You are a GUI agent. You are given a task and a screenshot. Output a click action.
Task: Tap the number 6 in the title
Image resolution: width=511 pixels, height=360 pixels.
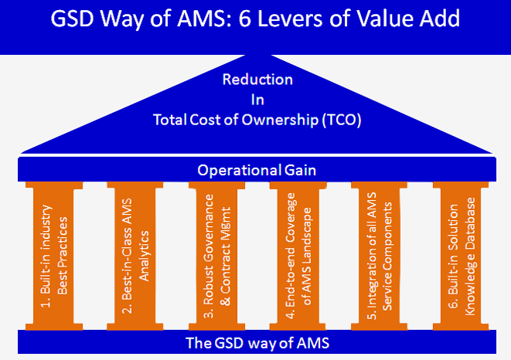point(245,19)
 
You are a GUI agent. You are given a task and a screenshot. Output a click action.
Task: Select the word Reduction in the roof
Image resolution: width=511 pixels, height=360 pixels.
point(257,80)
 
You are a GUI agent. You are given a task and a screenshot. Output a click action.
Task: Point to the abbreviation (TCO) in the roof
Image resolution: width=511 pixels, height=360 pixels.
point(342,120)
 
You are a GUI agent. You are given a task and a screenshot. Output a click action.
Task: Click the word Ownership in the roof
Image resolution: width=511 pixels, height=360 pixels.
point(280,121)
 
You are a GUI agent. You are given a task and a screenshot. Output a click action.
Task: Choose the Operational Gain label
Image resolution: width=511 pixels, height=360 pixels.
point(257,170)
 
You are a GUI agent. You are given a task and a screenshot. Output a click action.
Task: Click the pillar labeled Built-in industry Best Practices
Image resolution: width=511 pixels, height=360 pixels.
point(54,256)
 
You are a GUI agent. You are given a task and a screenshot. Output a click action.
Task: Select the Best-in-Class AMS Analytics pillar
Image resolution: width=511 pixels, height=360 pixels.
point(135,256)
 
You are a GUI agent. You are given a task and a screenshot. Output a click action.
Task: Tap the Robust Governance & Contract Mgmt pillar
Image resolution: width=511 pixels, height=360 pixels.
point(216,256)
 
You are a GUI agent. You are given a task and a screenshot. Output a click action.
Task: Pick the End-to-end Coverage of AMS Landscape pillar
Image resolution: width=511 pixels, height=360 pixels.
point(298,256)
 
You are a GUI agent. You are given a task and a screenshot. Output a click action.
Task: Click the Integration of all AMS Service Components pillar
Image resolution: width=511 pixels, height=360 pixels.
point(380,256)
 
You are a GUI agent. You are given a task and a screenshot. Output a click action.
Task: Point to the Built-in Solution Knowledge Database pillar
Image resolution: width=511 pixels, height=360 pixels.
point(461,256)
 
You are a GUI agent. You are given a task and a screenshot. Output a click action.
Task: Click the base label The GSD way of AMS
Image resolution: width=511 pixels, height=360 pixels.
point(257,343)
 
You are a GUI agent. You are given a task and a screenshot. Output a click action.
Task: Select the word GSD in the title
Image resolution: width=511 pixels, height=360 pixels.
point(72,19)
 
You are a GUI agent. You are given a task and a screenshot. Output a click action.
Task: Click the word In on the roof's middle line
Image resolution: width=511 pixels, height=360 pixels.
point(257,100)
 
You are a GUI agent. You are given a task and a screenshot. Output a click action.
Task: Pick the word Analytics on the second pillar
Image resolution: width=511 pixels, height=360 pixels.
point(144,256)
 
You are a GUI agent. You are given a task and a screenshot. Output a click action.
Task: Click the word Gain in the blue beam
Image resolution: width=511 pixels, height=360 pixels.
point(300,170)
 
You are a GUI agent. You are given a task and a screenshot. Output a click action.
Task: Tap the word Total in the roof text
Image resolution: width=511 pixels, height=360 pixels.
point(170,120)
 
